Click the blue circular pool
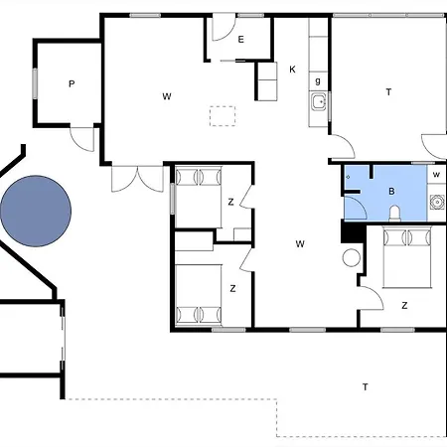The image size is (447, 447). click(36, 211)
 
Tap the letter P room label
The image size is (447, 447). click(72, 83)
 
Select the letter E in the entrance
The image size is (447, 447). click(241, 40)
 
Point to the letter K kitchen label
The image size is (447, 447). click(292, 70)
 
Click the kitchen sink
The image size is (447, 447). click(319, 101)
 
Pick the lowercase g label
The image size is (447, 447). click(318, 81)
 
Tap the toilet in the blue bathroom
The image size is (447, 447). click(394, 214)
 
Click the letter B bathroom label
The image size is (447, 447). click(391, 191)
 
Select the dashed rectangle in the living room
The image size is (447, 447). click(223, 116)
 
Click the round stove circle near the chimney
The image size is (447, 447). click(352, 257)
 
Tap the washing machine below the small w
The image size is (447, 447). click(436, 202)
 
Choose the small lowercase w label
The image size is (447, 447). click(436, 174)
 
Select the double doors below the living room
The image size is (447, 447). click(137, 179)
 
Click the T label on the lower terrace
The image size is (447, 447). click(366, 386)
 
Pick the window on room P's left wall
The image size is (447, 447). click(35, 83)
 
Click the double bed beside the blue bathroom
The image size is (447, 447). click(407, 257)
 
